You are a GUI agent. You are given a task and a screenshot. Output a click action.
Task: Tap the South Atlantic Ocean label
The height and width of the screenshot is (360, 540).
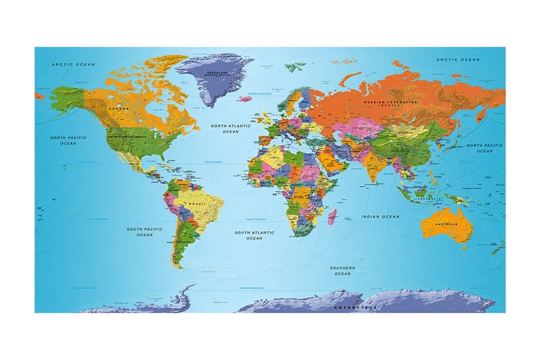[x=254, y=235]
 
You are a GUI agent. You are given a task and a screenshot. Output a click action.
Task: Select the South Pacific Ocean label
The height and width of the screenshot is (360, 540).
[x=144, y=232]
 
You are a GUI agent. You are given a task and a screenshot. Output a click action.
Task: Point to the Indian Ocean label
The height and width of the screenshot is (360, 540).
[x=381, y=216]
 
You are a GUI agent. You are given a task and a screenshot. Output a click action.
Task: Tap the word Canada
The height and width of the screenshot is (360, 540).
[x=119, y=107]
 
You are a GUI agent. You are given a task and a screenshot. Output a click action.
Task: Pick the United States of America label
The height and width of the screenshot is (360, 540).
[x=126, y=136]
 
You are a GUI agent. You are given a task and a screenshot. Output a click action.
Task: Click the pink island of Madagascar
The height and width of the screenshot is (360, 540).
[x=332, y=217]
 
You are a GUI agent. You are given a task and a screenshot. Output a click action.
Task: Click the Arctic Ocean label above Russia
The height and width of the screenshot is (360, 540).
[x=458, y=60]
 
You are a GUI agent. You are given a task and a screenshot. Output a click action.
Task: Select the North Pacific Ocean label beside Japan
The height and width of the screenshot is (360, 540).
[x=484, y=148]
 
